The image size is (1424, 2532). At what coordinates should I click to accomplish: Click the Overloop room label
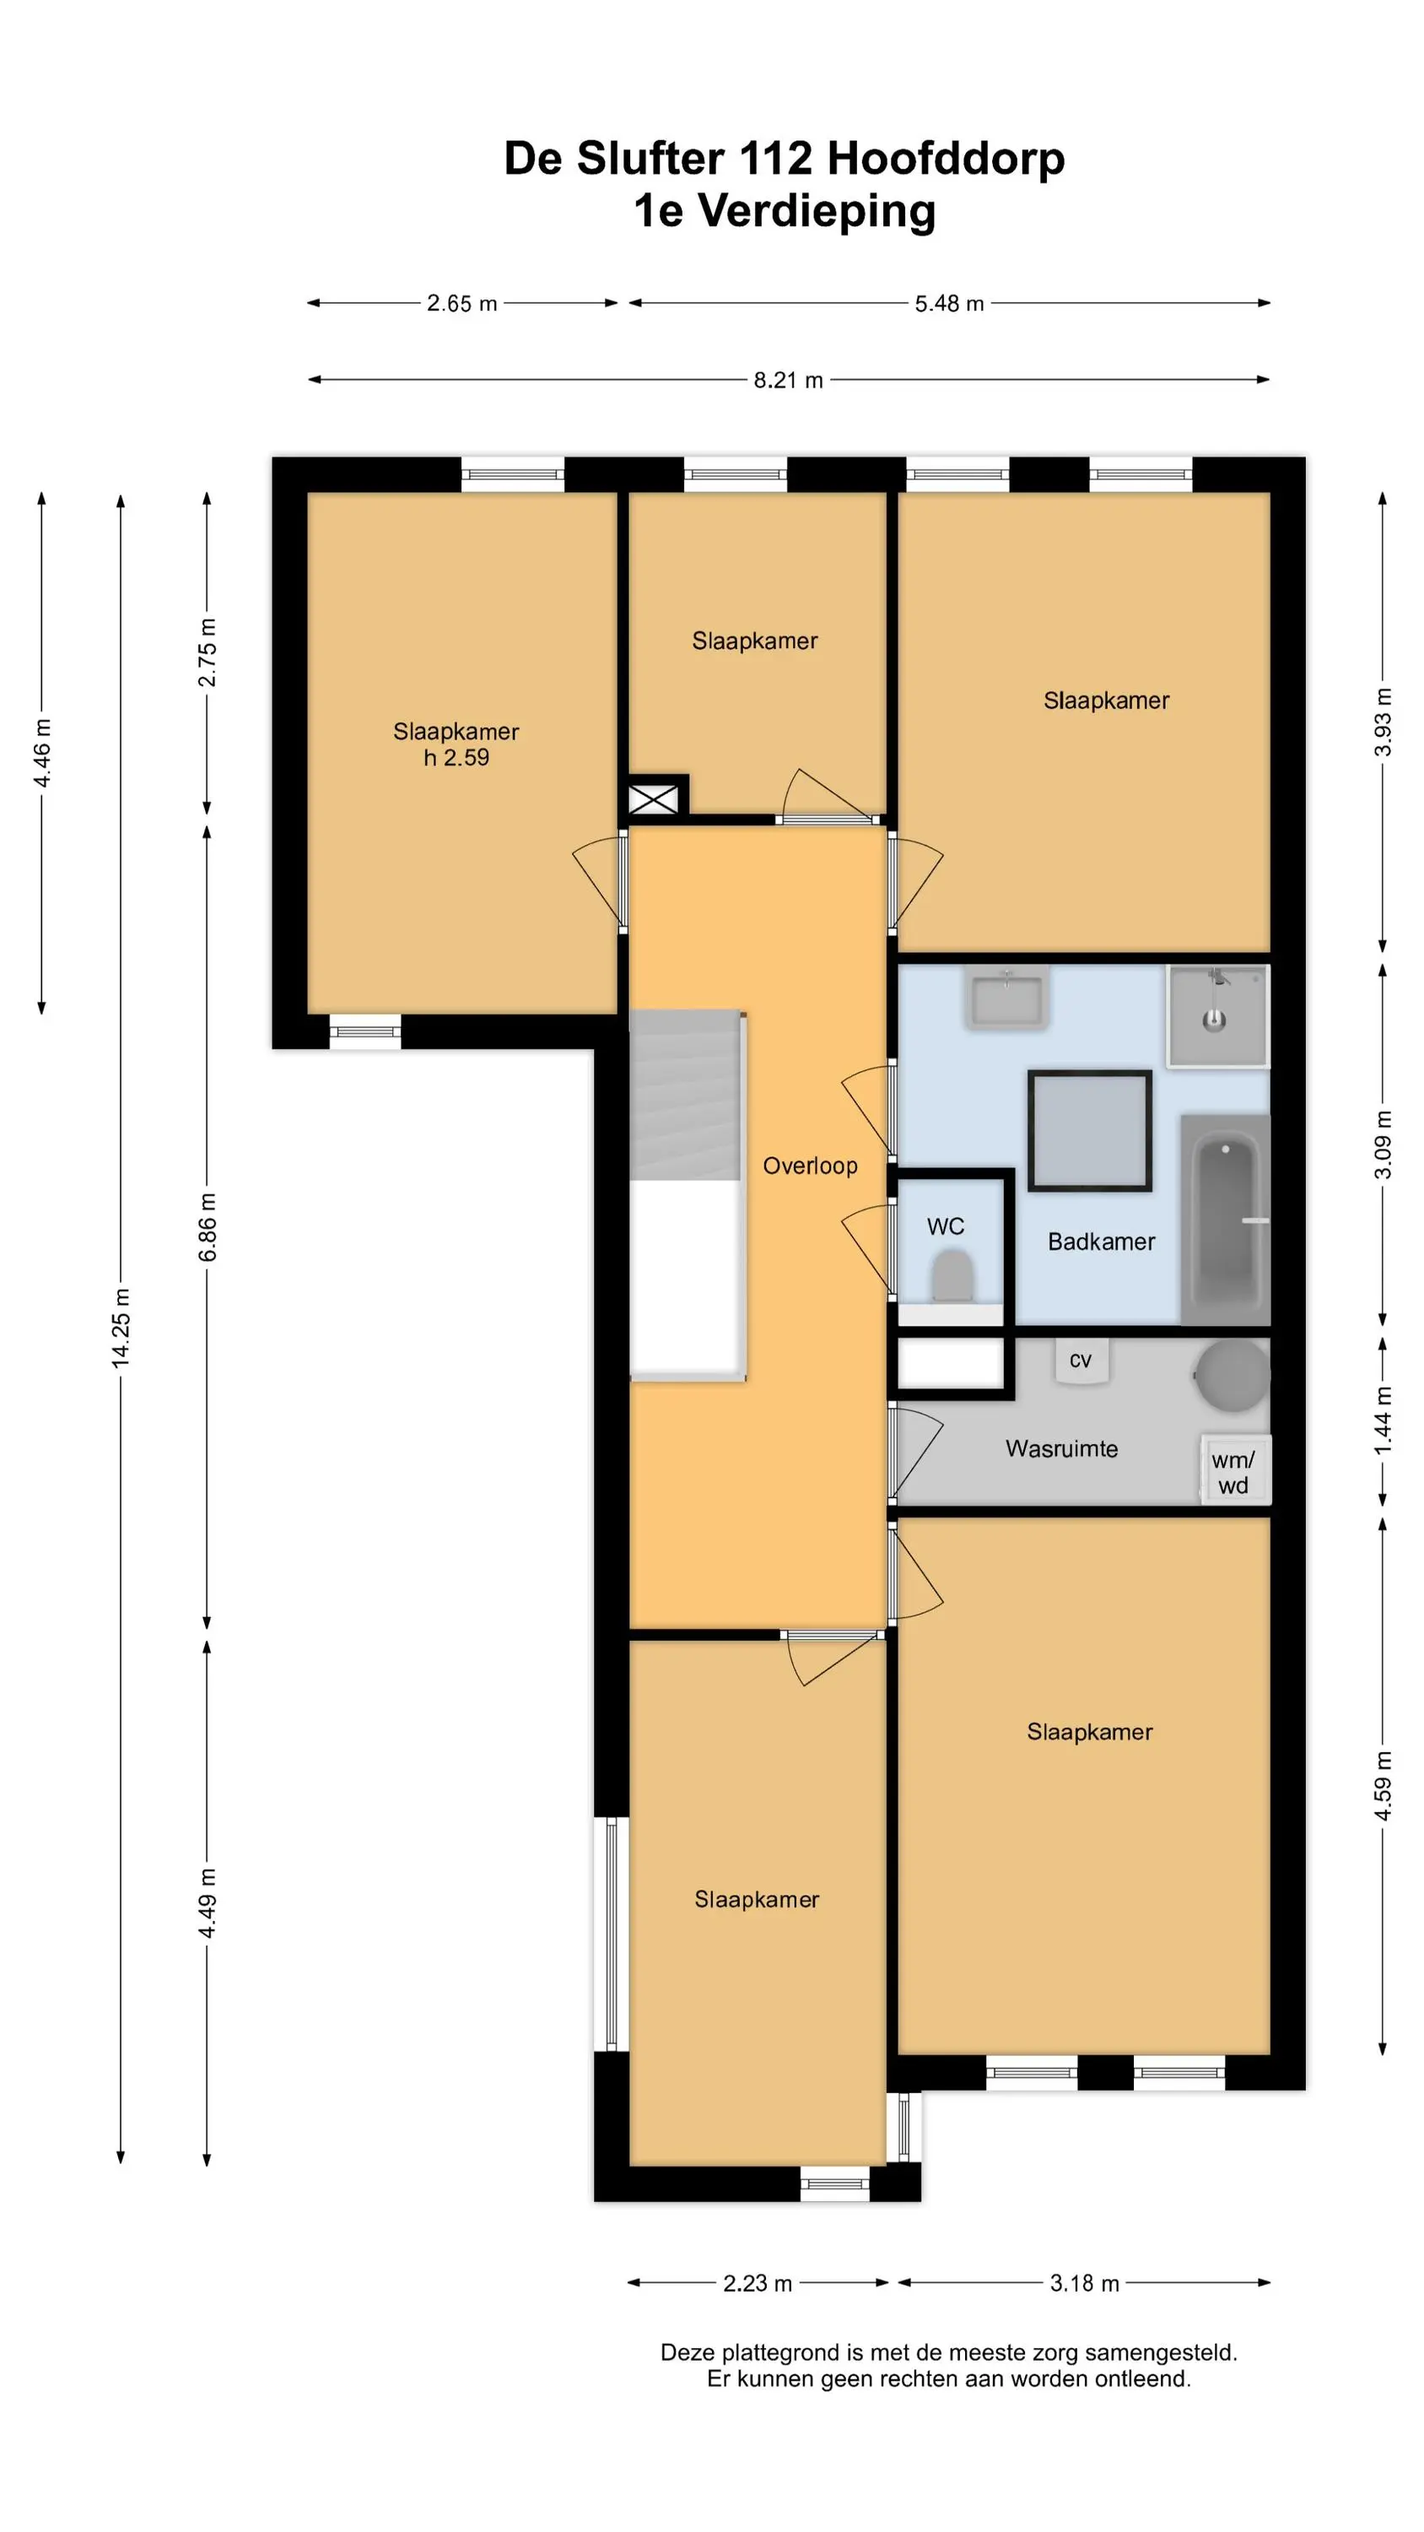pyautogui.click(x=810, y=1166)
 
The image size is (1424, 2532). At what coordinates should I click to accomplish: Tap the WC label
pyautogui.click(x=946, y=1225)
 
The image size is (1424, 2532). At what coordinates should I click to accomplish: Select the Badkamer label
pyautogui.click(x=1101, y=1242)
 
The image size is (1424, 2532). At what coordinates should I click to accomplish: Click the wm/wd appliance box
pyautogui.click(x=1235, y=1469)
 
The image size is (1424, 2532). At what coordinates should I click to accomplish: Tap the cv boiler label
pyautogui.click(x=1080, y=1360)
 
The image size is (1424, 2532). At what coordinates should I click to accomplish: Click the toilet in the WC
pyautogui.click(x=952, y=1276)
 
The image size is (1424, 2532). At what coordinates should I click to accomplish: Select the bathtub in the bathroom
pyautogui.click(x=1226, y=1219)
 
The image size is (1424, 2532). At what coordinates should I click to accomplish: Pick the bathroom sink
pyautogui.click(x=1006, y=998)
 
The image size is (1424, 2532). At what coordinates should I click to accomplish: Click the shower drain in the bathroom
pyautogui.click(x=1215, y=1020)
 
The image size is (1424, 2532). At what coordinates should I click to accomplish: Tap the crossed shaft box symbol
pyautogui.click(x=654, y=798)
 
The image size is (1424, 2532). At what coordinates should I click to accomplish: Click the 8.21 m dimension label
pyautogui.click(x=788, y=381)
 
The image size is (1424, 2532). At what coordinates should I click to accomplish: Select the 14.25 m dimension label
pyautogui.click(x=121, y=1328)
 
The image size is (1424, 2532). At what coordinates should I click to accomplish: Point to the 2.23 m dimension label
pyautogui.click(x=758, y=2282)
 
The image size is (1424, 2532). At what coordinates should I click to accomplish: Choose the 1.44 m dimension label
pyautogui.click(x=1383, y=1420)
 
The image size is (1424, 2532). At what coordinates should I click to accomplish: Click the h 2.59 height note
pyautogui.click(x=456, y=757)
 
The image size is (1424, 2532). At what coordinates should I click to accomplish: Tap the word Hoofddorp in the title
pyautogui.click(x=946, y=159)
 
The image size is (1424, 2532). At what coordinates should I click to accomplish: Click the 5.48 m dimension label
pyautogui.click(x=949, y=304)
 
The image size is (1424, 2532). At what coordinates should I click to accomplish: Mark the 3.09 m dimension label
pyautogui.click(x=1383, y=1144)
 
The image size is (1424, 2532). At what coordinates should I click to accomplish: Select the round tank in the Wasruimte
pyautogui.click(x=1233, y=1376)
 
